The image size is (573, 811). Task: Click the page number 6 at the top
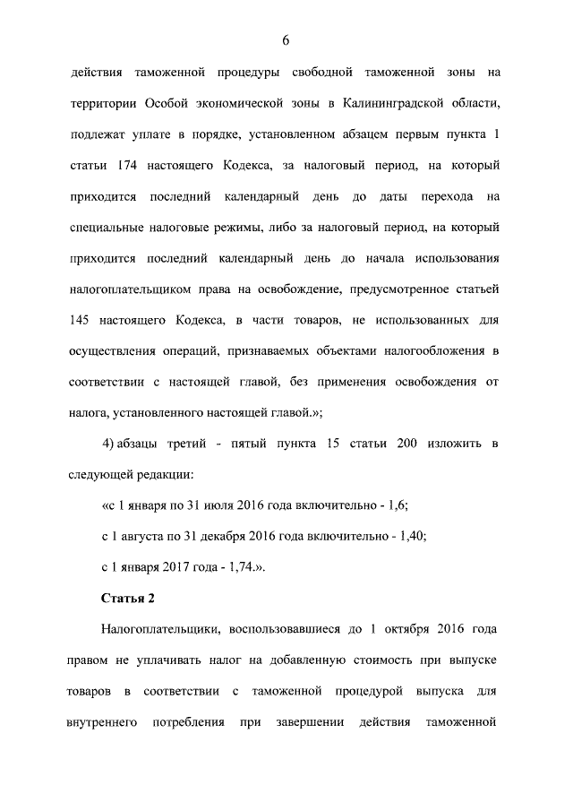(x=286, y=40)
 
